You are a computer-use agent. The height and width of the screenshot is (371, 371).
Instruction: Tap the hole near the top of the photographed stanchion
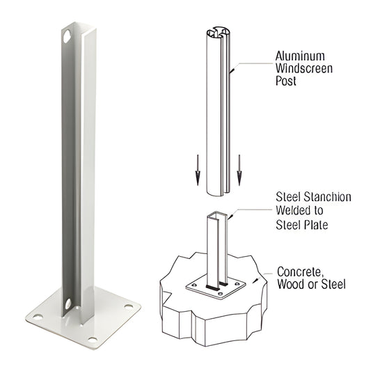67,35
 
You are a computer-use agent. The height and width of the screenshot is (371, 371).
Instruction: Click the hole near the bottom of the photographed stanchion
68,303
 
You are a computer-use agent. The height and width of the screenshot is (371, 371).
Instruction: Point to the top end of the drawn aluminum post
218,33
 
